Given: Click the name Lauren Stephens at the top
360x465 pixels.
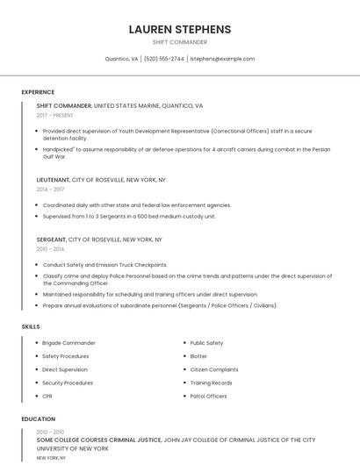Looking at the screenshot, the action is pyautogui.click(x=179, y=29).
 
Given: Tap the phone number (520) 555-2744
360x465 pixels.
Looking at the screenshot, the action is pyautogui.click(x=164, y=59).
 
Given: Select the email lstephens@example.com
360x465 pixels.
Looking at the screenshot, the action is pyautogui.click(x=222, y=59).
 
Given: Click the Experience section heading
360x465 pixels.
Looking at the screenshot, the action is pyautogui.click(x=38, y=92).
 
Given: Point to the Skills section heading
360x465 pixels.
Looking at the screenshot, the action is pyautogui.click(x=31, y=326).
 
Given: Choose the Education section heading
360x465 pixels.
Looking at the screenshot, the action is pyautogui.click(x=38, y=419).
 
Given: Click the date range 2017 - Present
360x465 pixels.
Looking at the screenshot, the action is pyautogui.click(x=56, y=115).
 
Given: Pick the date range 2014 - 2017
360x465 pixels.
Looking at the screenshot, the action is pyautogui.click(x=50, y=189).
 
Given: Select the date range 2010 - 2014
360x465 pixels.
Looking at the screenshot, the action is pyautogui.click(x=50, y=249).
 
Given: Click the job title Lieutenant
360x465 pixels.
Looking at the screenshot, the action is pyautogui.click(x=53, y=179).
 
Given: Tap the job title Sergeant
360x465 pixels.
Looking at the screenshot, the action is pyautogui.click(x=51, y=240).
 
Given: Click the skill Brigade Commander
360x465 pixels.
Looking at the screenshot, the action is pyautogui.click(x=68, y=343).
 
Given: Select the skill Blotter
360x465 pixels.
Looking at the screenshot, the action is pyautogui.click(x=198, y=356).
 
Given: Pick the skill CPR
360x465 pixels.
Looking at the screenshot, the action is pyautogui.click(x=47, y=396).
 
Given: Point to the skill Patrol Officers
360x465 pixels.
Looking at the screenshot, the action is pyautogui.click(x=208, y=396).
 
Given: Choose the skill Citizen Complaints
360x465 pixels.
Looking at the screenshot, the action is pyautogui.click(x=213, y=369).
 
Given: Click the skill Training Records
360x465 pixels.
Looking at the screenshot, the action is pyautogui.click(x=211, y=383).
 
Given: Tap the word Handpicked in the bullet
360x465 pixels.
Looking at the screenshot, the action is pyautogui.click(x=59, y=149).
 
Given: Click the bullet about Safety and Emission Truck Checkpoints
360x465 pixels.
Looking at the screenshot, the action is pyautogui.click(x=104, y=264).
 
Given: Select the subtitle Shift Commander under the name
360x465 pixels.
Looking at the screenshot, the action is pyautogui.click(x=179, y=41).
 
